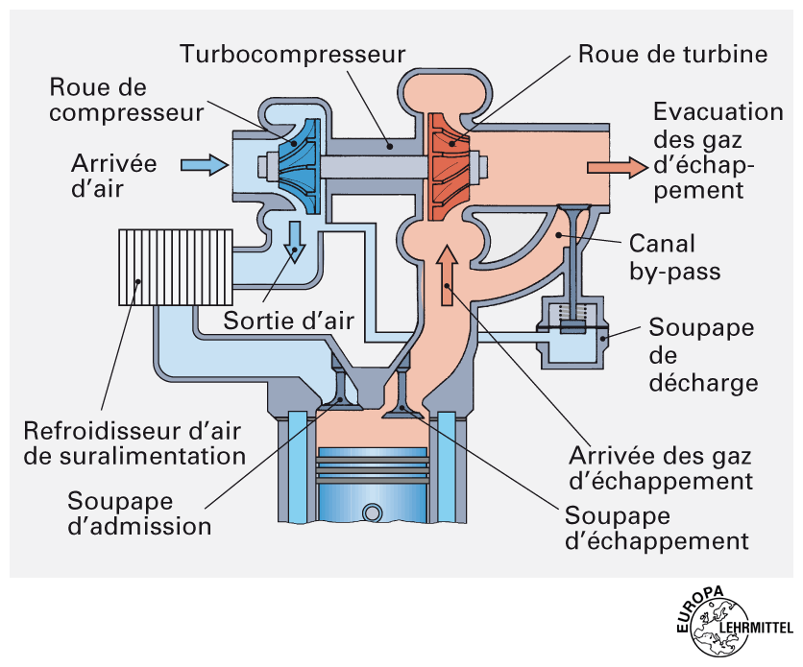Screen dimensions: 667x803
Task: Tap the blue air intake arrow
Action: tap(205, 165)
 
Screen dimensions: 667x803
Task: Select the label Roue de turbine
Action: tap(672, 54)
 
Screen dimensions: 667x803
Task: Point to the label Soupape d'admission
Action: tap(138, 512)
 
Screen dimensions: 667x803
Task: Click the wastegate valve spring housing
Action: tap(572, 331)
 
